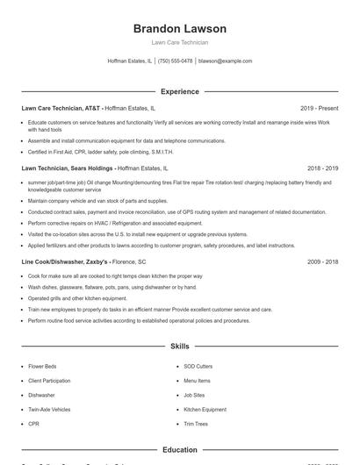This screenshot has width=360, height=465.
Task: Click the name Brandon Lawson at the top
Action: [179, 28]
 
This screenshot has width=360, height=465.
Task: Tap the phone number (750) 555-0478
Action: [175, 61]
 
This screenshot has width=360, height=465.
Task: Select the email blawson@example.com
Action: [226, 61]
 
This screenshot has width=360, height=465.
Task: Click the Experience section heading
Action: [179, 91]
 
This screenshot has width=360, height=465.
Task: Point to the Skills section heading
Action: [179, 347]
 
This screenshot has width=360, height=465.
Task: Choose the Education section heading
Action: [179, 450]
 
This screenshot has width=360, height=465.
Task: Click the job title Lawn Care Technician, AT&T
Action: [61, 109]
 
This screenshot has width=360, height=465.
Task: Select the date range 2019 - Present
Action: [319, 109]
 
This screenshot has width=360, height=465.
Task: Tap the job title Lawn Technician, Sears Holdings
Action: [68, 167]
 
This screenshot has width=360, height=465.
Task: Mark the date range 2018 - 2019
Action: [322, 167]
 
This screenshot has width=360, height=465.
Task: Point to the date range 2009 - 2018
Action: [322, 261]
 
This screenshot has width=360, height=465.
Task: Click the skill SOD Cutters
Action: [198, 367]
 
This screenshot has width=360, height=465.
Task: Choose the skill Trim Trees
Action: [196, 423]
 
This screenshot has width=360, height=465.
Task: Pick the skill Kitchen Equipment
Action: [205, 409]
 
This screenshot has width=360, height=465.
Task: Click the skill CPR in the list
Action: [34, 423]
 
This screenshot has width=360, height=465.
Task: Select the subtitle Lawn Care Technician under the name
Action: [179, 43]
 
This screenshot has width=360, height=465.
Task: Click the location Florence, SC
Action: [129, 261]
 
